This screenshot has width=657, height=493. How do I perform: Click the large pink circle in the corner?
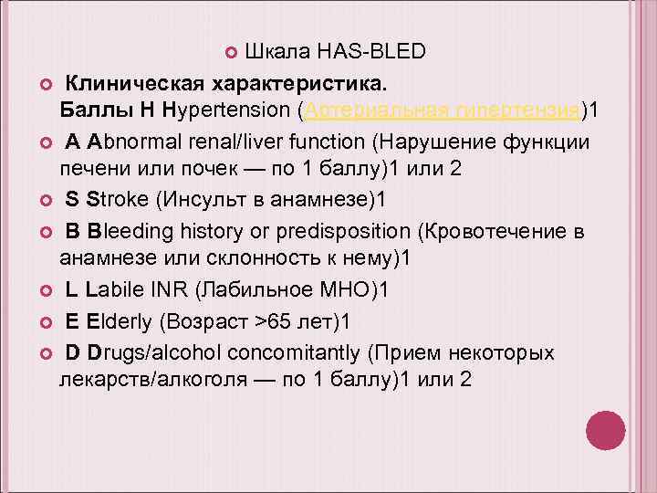pos(604,430)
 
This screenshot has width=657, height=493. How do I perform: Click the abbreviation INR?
pos(178,291)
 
